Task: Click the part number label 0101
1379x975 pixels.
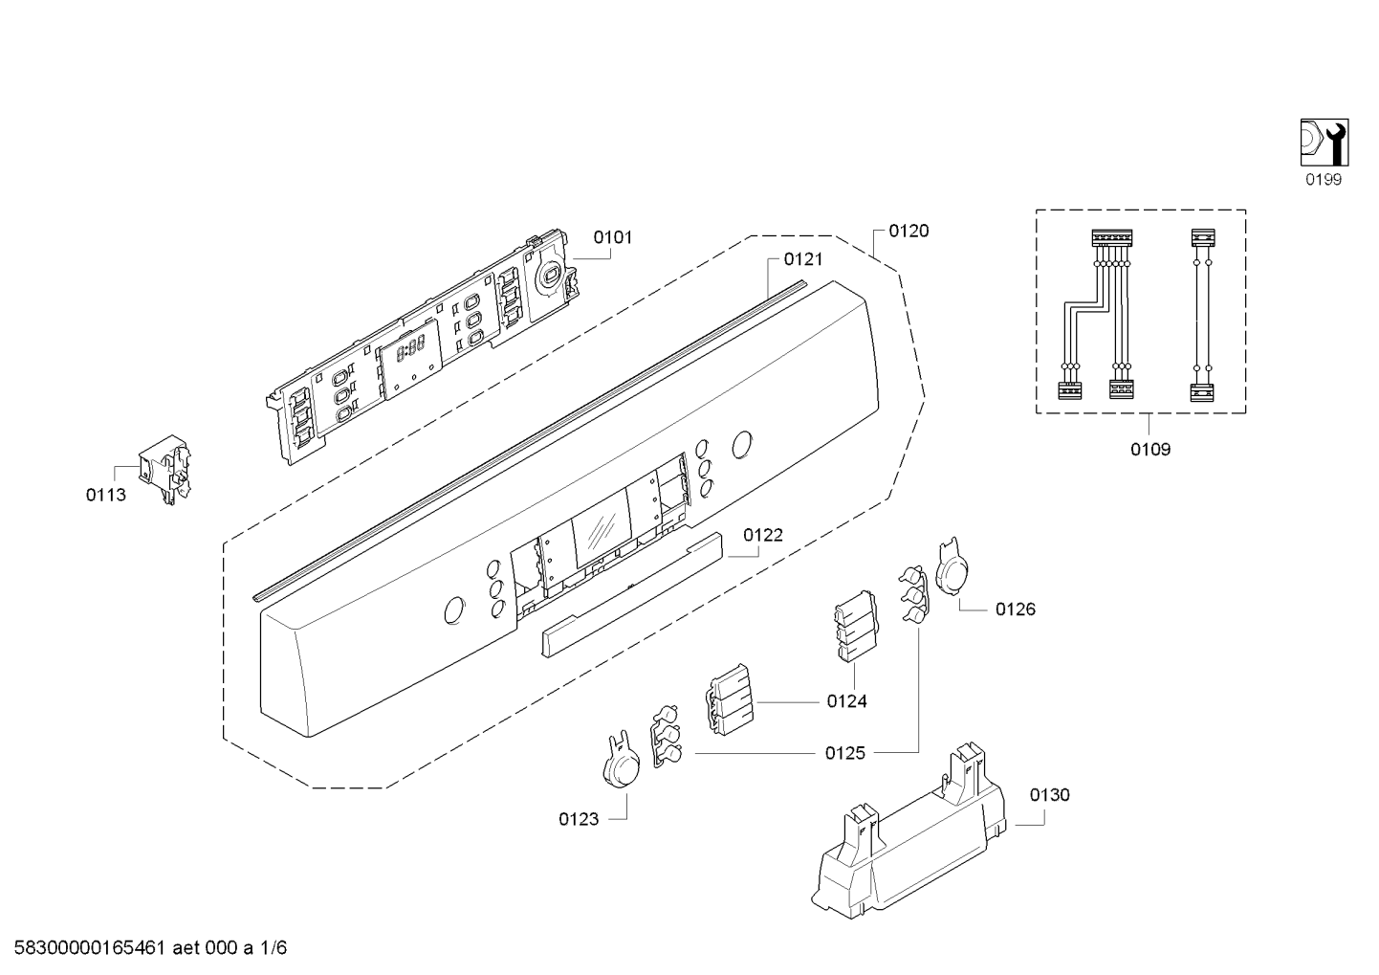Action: [613, 237]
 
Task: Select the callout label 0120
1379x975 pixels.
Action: [908, 231]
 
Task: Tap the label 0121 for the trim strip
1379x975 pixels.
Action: [802, 259]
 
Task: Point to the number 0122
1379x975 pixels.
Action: [763, 535]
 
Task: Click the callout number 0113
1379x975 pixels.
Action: [106, 495]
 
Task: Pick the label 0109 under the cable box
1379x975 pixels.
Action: [1150, 450]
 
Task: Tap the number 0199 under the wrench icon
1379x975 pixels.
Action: [1324, 180]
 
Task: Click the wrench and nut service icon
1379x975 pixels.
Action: [1324, 143]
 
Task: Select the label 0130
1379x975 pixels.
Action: [1050, 795]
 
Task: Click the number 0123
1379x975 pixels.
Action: [579, 819]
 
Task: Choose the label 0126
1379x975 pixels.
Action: [1016, 609]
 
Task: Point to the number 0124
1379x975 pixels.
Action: [847, 701]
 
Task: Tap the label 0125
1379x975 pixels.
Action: [845, 753]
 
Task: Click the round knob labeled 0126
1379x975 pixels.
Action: [952, 566]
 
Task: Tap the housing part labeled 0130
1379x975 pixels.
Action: [908, 831]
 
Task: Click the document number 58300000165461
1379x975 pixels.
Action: [89, 948]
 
